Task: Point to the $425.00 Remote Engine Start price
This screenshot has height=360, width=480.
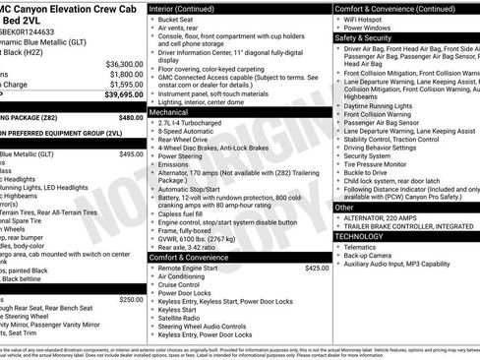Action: (x=317, y=240)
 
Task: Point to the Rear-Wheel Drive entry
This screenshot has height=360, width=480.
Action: (x=187, y=143)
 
